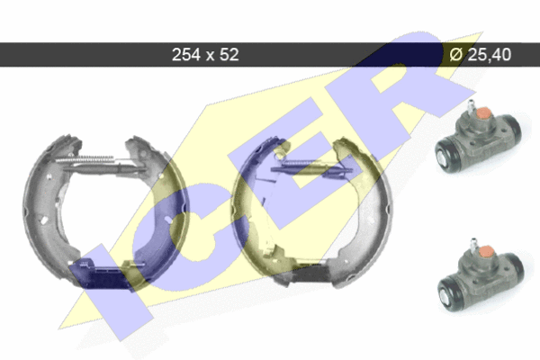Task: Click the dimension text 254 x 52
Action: click(205, 54)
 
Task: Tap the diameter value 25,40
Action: click(489, 54)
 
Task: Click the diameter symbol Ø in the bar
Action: click(455, 54)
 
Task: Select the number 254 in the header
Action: click(186, 54)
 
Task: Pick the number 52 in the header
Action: click(229, 54)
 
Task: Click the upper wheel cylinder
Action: click(478, 139)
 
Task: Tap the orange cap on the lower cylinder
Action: click(486, 252)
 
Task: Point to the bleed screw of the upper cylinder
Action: click(471, 107)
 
